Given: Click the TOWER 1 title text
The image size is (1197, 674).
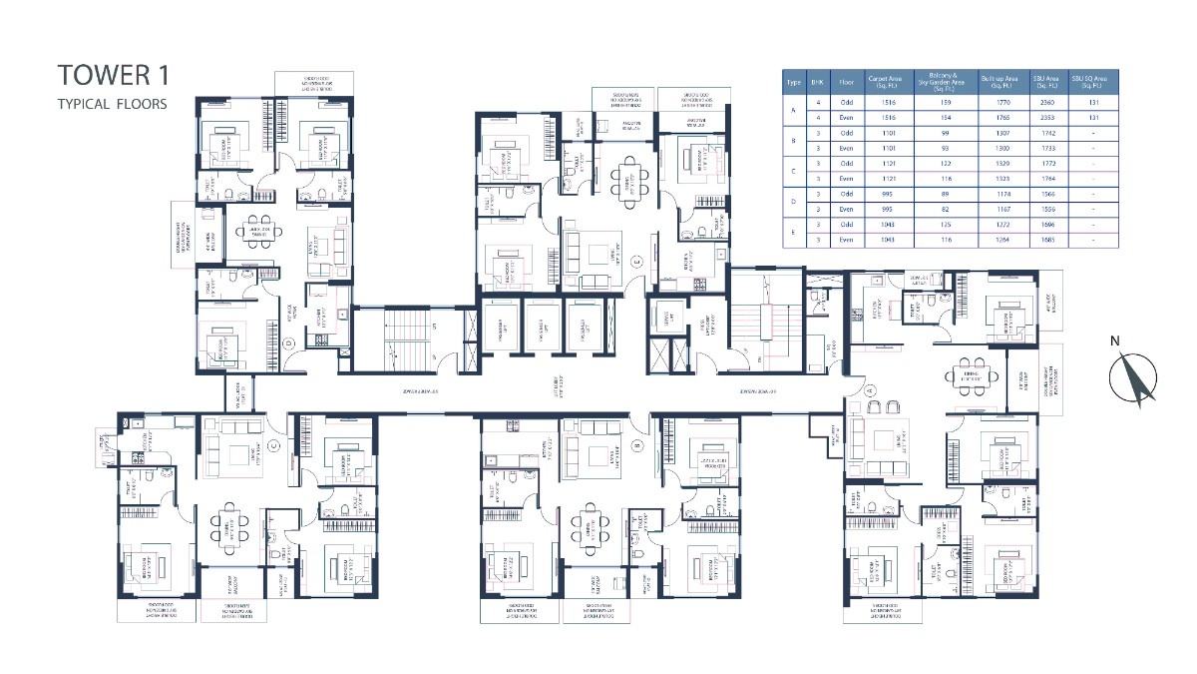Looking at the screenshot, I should click(112, 75).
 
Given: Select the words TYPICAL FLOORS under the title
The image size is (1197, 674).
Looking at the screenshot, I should click(112, 103).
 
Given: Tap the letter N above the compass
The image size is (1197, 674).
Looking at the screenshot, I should click(1116, 341).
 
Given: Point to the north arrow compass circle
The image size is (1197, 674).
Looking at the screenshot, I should click(1133, 380).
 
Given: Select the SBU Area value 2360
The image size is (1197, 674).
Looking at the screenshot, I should click(1045, 101).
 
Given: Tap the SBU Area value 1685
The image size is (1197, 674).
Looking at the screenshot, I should click(1045, 240).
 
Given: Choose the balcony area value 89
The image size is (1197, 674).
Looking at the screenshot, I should click(941, 194).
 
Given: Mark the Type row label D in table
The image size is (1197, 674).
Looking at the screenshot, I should click(794, 202).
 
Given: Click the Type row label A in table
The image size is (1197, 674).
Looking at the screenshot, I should click(794, 109).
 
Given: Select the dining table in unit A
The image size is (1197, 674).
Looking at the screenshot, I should click(973, 374).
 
